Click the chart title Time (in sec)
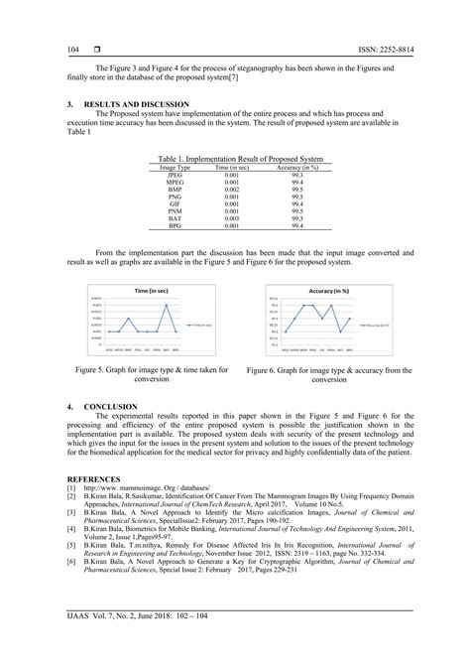tap(151, 290)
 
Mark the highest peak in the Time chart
tap(166, 304)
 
